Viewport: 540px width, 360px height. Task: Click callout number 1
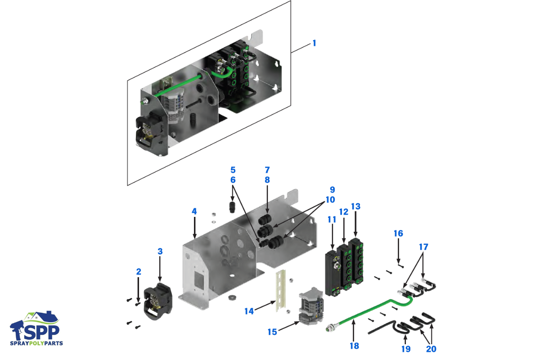(314, 43)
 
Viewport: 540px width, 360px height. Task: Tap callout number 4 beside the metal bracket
(194, 211)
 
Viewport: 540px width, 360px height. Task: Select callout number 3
(160, 251)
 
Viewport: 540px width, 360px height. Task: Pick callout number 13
(355, 207)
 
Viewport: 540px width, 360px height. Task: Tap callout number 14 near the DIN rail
(249, 311)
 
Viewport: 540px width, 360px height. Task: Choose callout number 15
(272, 332)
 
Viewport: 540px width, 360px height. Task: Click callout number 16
(398, 234)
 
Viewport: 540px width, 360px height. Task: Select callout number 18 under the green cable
(354, 346)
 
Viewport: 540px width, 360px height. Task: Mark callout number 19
(406, 349)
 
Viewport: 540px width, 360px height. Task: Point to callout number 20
(431, 349)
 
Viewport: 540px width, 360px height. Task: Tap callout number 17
(423, 247)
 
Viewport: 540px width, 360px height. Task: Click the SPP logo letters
(40, 332)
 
